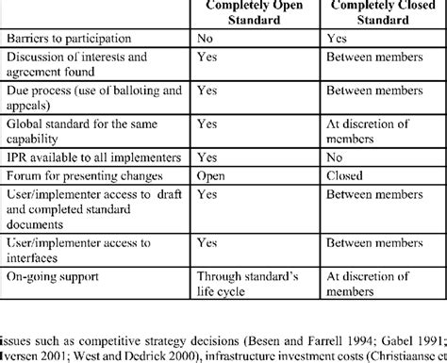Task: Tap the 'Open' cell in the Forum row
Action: point(211,176)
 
